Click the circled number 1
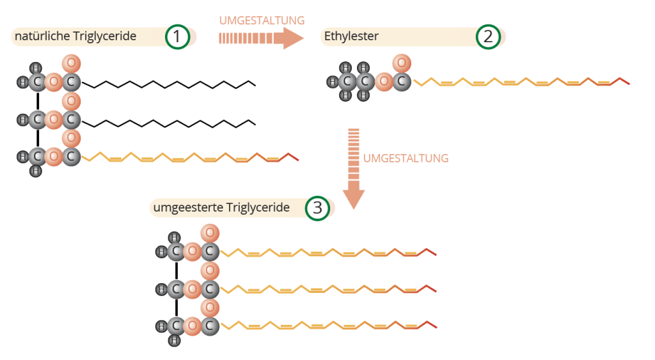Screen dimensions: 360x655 (177, 37)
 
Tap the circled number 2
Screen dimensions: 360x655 (488, 36)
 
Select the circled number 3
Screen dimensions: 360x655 (317, 208)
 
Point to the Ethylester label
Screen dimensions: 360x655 (351, 36)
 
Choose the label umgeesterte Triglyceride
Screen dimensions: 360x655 (221, 208)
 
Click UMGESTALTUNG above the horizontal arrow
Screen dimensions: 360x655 (262, 20)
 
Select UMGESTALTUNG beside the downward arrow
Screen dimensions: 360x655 (406, 158)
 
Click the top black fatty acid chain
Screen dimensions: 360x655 (170, 84)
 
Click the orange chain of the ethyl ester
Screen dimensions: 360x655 (521, 82)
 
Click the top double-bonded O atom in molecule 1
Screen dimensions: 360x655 (72, 64)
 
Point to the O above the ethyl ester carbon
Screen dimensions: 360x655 (401, 63)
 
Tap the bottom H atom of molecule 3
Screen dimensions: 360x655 (174, 340)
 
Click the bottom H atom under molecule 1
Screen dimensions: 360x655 (36, 171)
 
